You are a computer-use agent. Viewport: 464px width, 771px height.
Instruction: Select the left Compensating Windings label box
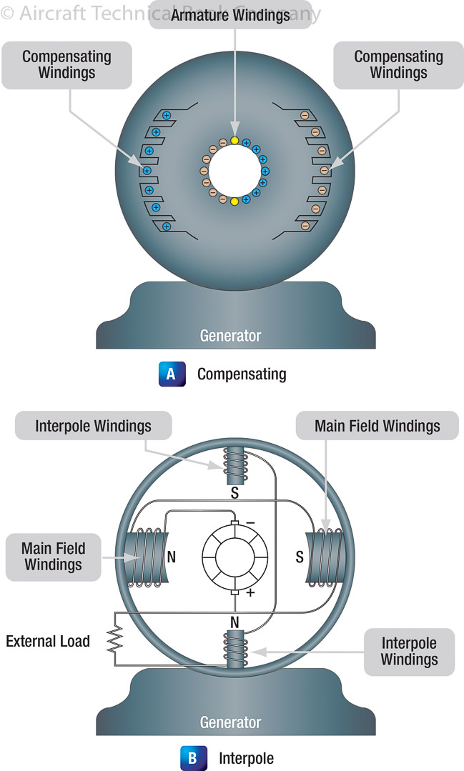[x=67, y=64]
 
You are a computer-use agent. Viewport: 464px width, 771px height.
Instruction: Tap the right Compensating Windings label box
[x=398, y=64]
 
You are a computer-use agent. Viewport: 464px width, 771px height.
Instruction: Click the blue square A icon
[x=171, y=374]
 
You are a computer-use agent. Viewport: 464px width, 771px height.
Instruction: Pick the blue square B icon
[x=192, y=757]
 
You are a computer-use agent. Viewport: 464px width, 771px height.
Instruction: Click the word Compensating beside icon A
[x=242, y=374]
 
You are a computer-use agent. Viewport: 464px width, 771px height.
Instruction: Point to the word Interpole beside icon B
[x=246, y=757]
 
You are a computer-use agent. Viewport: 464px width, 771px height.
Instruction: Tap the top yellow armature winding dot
[x=235, y=140]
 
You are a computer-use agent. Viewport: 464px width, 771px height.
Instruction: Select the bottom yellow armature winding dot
[x=235, y=202]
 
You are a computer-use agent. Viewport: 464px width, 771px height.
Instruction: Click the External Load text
[x=48, y=640]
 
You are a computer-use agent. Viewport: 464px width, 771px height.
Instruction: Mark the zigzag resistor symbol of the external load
[x=113, y=640]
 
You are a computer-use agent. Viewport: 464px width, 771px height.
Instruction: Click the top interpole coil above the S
[x=235, y=465]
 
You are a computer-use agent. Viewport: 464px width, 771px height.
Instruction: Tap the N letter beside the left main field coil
[x=172, y=557]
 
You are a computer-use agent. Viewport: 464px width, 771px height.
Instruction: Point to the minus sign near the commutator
[x=250, y=522]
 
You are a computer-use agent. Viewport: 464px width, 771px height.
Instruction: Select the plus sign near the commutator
[x=250, y=592]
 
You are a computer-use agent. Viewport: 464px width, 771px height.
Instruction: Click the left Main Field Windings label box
[x=54, y=557]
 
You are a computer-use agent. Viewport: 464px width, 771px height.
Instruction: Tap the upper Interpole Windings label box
[x=93, y=427]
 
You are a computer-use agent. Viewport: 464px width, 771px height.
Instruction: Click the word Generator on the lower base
[x=230, y=722]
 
